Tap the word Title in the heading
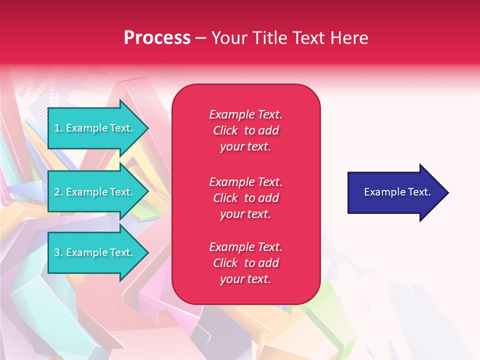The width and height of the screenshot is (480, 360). pyautogui.click(x=270, y=37)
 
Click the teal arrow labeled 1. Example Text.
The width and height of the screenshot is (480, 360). pyautogui.click(x=98, y=128)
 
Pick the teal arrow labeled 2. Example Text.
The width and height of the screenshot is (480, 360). pyautogui.click(x=98, y=191)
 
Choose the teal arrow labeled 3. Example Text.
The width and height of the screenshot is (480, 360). pyautogui.click(x=98, y=252)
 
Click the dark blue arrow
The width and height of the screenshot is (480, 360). pyautogui.click(x=398, y=192)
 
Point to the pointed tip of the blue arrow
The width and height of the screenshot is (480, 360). pyautogui.click(x=449, y=192)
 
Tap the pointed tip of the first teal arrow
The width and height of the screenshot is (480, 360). pyautogui.click(x=149, y=128)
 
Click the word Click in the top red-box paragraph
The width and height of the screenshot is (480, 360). pyautogui.click(x=225, y=130)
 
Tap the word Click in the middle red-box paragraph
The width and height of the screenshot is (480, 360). pyautogui.click(x=225, y=198)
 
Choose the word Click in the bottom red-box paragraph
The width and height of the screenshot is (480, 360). pyautogui.click(x=225, y=262)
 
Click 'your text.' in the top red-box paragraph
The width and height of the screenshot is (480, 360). pyautogui.click(x=245, y=147)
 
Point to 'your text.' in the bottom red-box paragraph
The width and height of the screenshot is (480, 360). pyautogui.click(x=245, y=279)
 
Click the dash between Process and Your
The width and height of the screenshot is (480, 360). pyautogui.click(x=200, y=39)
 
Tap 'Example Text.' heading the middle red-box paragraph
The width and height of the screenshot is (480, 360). pyautogui.click(x=245, y=182)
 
